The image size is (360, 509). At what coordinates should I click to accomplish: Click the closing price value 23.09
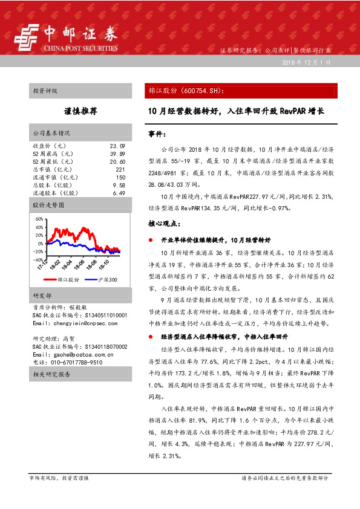[117, 146]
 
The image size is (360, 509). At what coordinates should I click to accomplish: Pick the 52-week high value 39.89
[117, 154]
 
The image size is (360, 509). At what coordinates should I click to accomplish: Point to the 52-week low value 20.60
[117, 162]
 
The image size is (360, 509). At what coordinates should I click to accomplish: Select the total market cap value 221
[120, 170]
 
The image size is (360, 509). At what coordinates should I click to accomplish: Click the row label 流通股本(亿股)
[55, 193]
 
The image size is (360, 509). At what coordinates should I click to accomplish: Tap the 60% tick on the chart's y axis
[39, 219]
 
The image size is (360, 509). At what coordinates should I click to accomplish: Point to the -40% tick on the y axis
[38, 259]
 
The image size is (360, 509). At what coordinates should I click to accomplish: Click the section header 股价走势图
[47, 206]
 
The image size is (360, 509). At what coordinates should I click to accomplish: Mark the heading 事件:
[157, 133]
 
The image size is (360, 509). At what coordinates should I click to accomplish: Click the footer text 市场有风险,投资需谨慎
[59, 478]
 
